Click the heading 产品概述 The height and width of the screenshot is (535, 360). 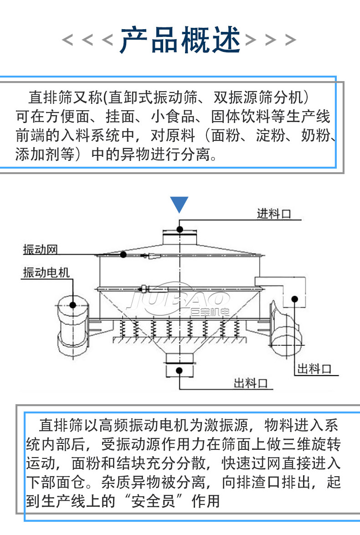point(180,40)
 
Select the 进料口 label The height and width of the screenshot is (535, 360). point(273,213)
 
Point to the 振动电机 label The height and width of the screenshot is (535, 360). point(46,273)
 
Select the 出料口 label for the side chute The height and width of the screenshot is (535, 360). point(314,368)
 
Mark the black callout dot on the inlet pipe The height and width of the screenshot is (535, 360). point(180,229)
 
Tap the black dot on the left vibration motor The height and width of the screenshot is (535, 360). point(73,305)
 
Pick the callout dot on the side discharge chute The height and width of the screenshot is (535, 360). point(295,299)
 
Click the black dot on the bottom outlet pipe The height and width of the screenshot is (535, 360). point(180,370)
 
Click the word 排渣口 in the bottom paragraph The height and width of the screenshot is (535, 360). point(260,482)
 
